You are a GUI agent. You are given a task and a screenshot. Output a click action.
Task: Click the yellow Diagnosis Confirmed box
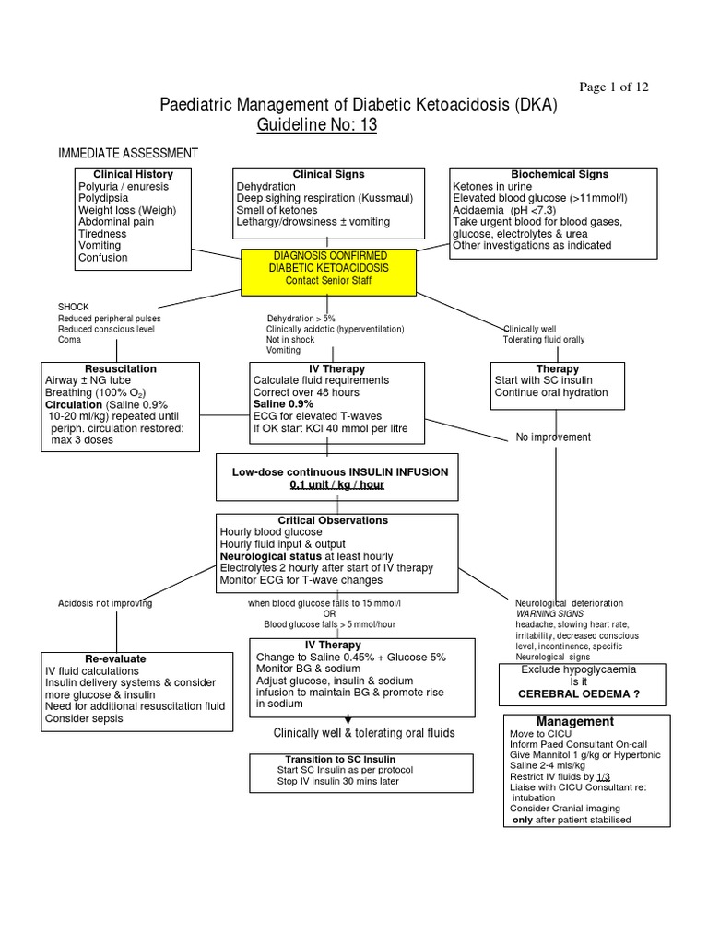329,267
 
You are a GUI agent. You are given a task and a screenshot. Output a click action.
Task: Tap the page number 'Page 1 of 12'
613,87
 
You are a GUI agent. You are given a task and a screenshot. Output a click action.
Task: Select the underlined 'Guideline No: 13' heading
317,125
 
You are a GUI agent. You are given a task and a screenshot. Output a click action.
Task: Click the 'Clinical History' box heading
133,174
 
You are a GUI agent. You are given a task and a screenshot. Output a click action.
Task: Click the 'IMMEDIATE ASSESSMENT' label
128,153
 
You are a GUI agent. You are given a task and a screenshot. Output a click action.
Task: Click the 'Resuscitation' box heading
121,368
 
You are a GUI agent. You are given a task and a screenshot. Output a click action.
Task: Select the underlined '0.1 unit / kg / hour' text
337,484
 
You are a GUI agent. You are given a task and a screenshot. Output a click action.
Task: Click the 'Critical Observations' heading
333,520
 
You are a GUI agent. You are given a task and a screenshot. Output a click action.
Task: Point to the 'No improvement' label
553,437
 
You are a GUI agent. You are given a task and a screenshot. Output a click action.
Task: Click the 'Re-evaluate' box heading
115,659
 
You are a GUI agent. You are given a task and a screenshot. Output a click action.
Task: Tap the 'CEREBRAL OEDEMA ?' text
577,693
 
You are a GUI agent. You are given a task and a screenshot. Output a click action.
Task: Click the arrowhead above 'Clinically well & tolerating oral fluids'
348,719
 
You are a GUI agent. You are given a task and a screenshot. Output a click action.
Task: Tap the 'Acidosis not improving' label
105,603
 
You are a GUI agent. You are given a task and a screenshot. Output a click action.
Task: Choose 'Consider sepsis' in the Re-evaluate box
84,718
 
